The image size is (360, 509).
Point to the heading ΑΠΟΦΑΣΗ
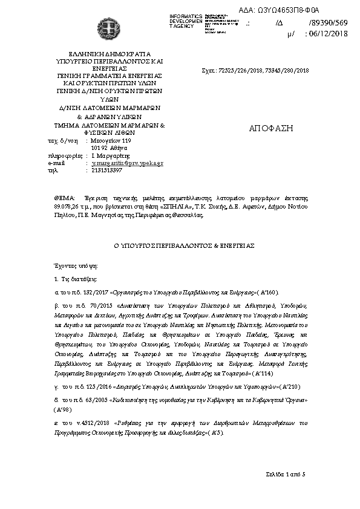click(x=270, y=129)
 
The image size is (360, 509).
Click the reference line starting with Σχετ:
click(x=255, y=71)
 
